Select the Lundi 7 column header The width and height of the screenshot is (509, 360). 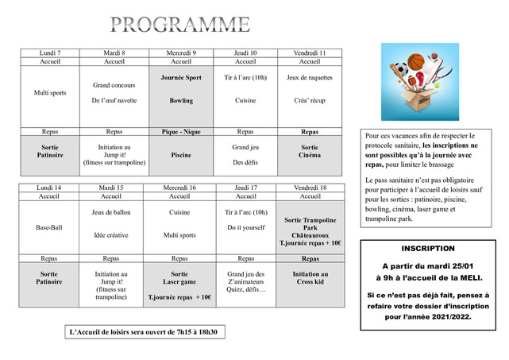tap(49, 52)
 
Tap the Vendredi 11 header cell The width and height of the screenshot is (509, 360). tap(310, 52)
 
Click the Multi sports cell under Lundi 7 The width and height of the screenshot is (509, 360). tap(49, 93)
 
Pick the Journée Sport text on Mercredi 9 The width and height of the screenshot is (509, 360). tap(181, 78)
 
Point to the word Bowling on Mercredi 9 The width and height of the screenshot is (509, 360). tap(181, 101)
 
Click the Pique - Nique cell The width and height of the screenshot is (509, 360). tap(181, 131)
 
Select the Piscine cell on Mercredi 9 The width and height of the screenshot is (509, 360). tap(181, 156)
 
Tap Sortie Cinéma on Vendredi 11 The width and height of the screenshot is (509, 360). tap(310, 151)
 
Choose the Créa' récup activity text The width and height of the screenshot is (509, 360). tap(310, 101)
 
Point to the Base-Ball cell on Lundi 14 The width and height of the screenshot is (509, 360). tap(49, 227)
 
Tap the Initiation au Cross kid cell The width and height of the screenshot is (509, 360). tap(310, 277)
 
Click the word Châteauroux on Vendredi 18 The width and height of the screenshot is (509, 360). tap(310, 235)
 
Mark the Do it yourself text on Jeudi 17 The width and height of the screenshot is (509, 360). tap(245, 227)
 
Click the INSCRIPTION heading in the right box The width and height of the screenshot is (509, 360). tap(428, 249)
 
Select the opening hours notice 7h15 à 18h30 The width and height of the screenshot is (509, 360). tap(144, 331)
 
